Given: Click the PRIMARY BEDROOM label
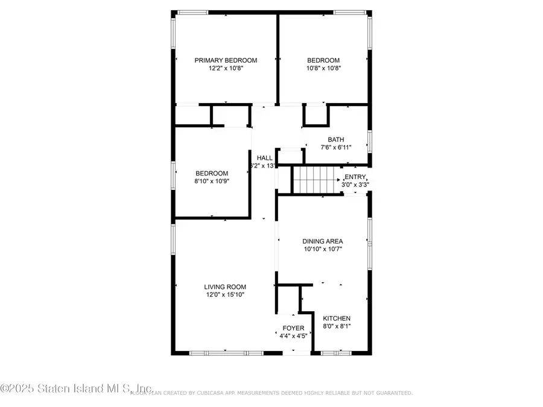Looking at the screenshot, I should (226, 60).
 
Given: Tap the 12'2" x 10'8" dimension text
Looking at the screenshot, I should (226, 68).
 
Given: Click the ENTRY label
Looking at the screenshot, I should (355, 177).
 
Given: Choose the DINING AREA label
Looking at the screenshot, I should (323, 241).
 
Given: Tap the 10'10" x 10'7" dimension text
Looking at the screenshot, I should (323, 249).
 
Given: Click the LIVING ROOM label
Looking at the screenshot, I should (225, 287).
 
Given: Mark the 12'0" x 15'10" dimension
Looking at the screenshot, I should (225, 295).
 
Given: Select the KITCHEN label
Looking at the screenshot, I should (337, 318).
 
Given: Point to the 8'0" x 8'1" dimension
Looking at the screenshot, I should (337, 326).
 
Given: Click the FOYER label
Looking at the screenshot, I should (294, 329).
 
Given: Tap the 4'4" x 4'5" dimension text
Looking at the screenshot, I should (294, 336).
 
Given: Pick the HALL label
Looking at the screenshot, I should (264, 157).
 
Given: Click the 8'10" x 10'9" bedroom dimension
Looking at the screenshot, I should (211, 180).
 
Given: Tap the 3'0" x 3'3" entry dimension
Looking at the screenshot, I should (357, 185).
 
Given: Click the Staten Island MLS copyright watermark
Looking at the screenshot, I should (76, 389).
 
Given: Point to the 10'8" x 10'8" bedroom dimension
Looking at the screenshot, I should (323, 68).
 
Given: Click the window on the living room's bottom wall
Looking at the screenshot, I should (224, 352).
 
